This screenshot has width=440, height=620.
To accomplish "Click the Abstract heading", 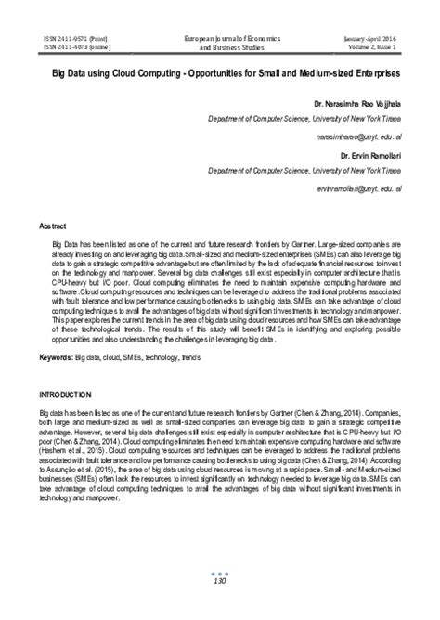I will tap(52, 226).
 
